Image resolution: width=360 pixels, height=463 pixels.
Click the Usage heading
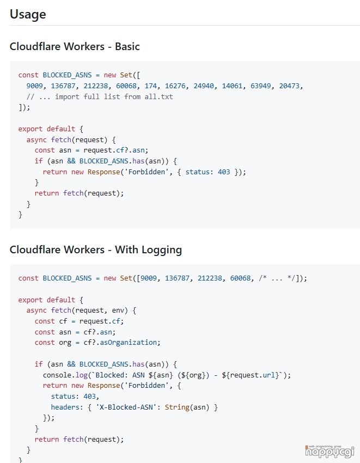[x=28, y=14]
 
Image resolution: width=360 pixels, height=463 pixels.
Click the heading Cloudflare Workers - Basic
[x=75, y=46]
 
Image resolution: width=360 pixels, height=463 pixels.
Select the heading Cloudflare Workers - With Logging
[x=96, y=250]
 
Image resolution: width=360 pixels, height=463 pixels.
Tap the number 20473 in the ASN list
[x=290, y=86]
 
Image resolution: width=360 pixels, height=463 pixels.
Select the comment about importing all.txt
[x=100, y=96]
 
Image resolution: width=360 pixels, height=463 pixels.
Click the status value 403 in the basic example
[x=224, y=172]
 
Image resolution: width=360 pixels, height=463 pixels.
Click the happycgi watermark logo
[x=330, y=450]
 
